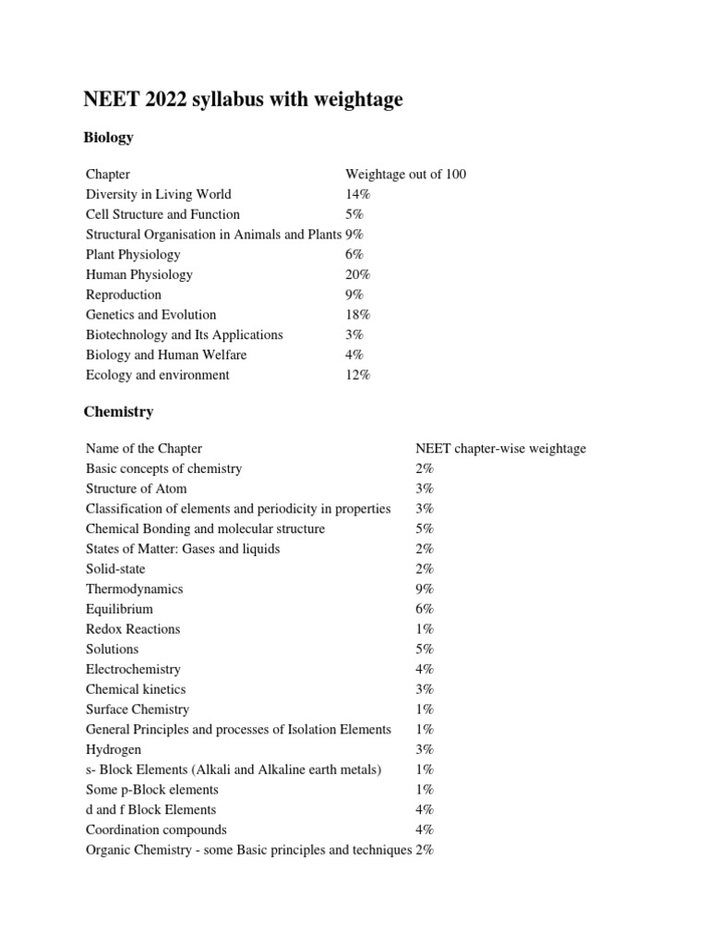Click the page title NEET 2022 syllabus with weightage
(244, 100)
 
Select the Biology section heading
(109, 138)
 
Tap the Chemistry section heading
(119, 412)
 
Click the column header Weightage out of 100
(405, 175)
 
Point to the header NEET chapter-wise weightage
(500, 449)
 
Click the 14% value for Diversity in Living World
(358, 195)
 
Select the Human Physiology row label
(139, 274)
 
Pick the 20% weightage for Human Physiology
(358, 274)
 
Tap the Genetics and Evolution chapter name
(150, 315)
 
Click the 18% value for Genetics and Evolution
(358, 315)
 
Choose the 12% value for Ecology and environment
(358, 375)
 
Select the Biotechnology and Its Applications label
(184, 335)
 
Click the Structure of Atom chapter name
(136, 489)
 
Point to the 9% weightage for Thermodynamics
(425, 589)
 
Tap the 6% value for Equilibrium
(425, 610)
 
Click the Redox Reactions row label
(133, 629)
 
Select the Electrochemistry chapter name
(133, 670)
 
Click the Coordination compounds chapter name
(156, 831)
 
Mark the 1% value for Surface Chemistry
(425, 709)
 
